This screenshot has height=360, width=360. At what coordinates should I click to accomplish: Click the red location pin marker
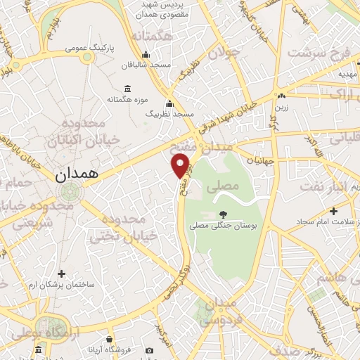(181, 165)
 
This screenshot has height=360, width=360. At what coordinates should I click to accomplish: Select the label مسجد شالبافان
(146, 65)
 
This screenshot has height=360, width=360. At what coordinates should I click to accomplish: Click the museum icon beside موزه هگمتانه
(127, 89)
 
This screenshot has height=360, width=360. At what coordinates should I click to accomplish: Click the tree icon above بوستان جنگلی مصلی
(223, 214)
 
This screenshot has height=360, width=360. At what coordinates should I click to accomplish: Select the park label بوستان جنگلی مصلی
(223, 226)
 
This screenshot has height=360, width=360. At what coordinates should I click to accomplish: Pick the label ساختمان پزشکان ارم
(61, 285)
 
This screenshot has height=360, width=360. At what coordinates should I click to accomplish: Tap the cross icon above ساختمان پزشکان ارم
(61, 274)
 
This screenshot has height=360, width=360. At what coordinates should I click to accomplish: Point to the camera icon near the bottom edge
(149, 350)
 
